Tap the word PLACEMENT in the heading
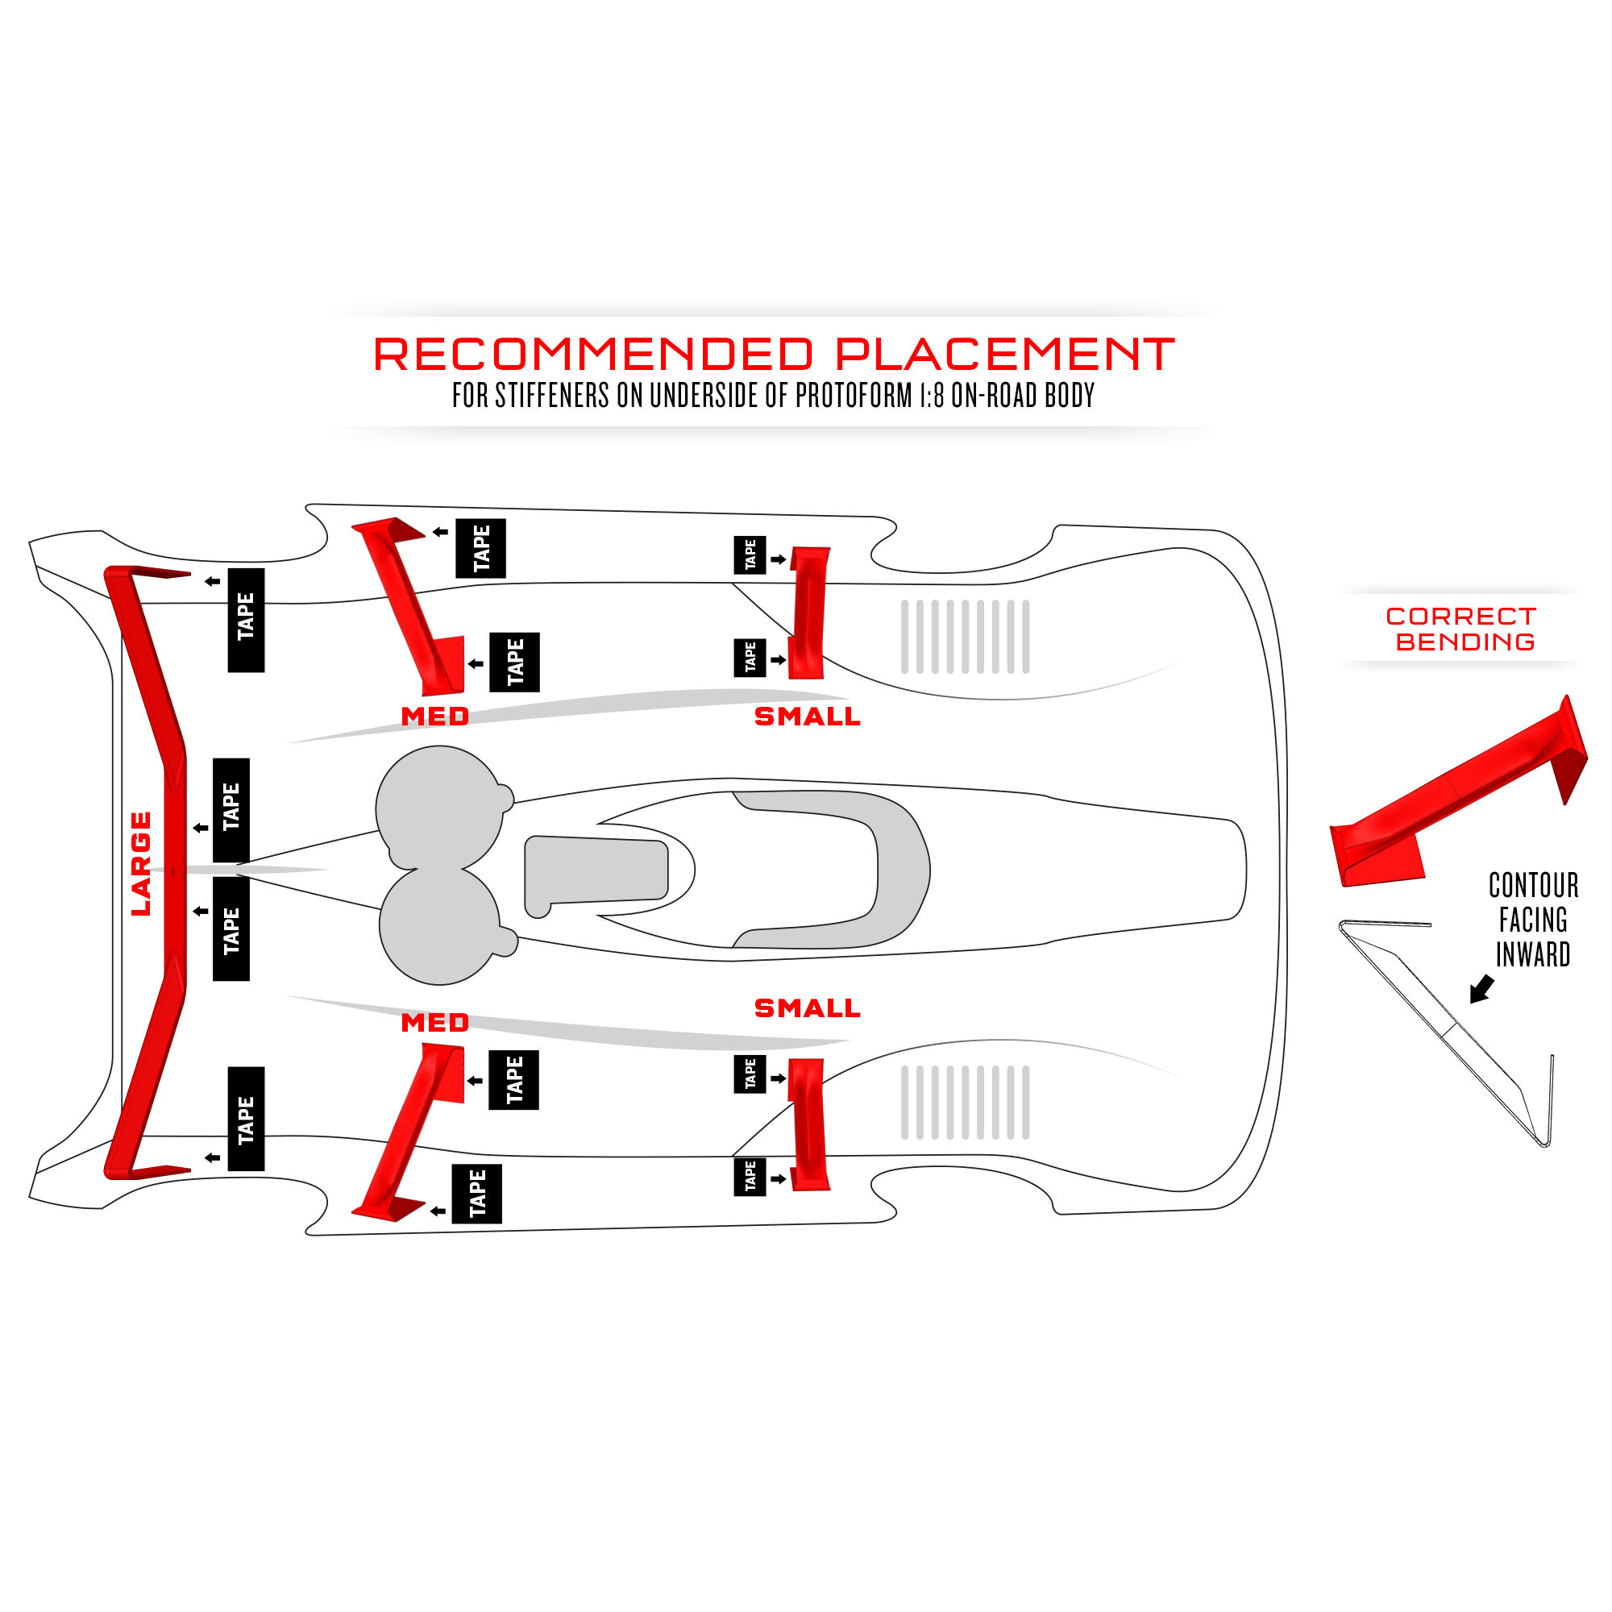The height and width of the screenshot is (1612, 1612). (1004, 355)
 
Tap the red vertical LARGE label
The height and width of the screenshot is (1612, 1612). (141, 863)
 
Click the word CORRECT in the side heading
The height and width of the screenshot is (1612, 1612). (1460, 617)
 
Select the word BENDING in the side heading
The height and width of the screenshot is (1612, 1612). (1465, 642)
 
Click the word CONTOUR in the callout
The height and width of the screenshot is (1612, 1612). (1533, 885)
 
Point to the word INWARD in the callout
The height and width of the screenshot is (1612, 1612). (1533, 954)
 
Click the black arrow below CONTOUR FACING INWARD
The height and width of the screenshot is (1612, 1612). (1481, 989)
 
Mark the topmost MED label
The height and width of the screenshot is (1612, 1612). (434, 717)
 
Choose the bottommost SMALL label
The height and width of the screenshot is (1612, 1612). (807, 1008)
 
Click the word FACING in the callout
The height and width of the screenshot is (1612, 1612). (1533, 920)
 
